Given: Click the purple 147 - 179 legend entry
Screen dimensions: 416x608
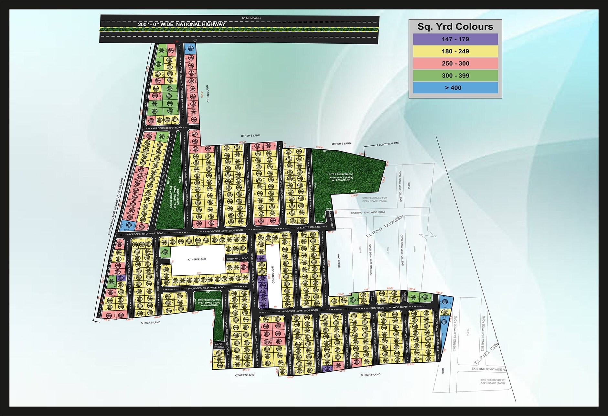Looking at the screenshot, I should [455, 39].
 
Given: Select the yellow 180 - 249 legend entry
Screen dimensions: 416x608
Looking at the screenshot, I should [455, 51].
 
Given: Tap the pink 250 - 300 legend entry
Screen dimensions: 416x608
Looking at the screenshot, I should [455, 64].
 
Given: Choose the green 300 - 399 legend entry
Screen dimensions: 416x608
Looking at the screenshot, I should [455, 76].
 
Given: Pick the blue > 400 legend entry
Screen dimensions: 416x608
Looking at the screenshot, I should [455, 88].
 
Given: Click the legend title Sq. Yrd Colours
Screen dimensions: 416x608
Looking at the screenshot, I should [455, 27].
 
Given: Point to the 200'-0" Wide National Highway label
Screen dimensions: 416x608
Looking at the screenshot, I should [182, 24].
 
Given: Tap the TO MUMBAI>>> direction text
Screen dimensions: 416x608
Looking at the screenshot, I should [251, 18].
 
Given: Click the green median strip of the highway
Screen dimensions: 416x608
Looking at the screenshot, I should [239, 29].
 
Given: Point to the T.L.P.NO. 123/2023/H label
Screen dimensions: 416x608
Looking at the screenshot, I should [385, 227].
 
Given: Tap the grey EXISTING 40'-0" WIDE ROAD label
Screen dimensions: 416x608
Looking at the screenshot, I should [368, 212].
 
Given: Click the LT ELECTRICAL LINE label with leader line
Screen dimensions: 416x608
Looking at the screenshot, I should [387, 144].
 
